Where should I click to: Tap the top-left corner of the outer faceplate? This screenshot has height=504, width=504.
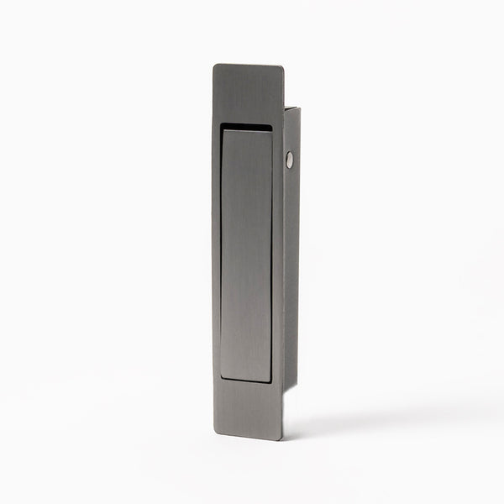coord(214,66)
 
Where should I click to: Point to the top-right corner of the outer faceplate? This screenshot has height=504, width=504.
coord(282,66)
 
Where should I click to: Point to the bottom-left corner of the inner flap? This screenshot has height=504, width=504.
coord(224,381)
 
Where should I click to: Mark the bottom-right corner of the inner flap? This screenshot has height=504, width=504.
coord(271,381)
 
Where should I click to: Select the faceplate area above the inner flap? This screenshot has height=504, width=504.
coord(249,94)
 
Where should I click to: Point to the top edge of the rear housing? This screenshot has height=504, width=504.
coord(291,108)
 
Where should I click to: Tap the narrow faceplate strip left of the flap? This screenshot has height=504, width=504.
coord(218,252)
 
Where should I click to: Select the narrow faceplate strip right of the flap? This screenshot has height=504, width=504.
coord(278,252)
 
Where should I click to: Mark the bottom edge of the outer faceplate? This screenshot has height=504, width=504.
coord(249,438)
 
